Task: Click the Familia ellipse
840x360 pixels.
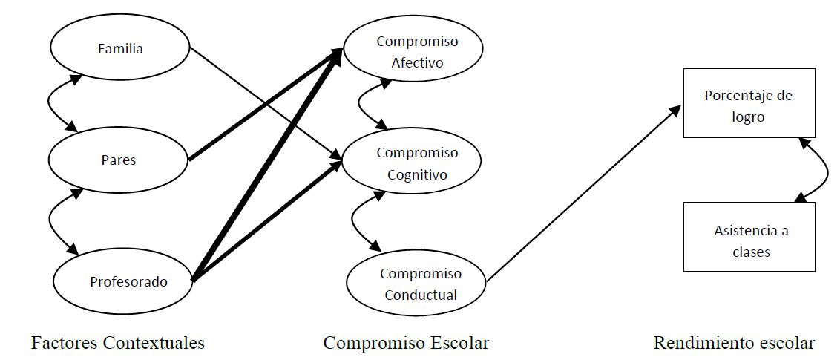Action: (x=120, y=48)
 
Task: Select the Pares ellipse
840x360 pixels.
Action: (x=119, y=160)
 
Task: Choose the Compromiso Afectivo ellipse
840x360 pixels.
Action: (x=414, y=51)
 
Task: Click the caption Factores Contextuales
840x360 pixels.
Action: (x=118, y=342)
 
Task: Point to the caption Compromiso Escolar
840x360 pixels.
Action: (x=406, y=342)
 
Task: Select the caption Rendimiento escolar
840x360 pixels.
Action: (x=733, y=342)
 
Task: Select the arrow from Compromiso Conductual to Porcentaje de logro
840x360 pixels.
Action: (x=583, y=194)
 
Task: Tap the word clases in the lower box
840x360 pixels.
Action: (x=751, y=252)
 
